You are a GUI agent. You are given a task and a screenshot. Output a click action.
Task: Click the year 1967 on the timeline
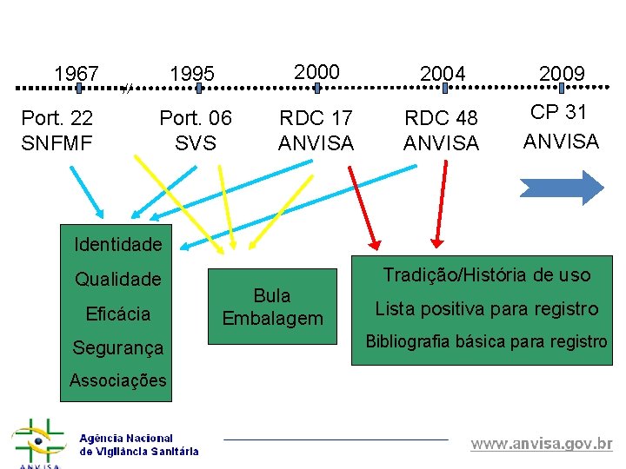(77, 74)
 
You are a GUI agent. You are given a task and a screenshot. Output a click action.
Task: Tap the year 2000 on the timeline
(316, 72)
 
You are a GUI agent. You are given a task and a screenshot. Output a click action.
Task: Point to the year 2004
(443, 74)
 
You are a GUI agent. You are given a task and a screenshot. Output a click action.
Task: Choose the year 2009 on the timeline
(562, 74)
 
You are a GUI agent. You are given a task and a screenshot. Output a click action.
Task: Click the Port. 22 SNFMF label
(57, 129)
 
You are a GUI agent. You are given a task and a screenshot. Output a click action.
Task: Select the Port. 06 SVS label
(196, 129)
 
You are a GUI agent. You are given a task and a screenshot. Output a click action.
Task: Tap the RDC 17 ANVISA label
(316, 129)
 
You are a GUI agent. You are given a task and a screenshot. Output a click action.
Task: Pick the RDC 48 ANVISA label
(442, 129)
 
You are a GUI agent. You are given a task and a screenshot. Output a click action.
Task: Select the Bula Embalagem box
(272, 307)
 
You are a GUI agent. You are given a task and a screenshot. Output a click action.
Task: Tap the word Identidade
(118, 244)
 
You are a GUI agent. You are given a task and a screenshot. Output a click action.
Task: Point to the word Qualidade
(118, 279)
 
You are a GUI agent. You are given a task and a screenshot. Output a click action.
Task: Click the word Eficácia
(118, 314)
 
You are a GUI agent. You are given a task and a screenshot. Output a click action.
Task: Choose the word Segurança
(118, 347)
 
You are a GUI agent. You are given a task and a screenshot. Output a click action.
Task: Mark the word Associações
(118, 380)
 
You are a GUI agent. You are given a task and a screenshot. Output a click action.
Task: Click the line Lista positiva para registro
(487, 308)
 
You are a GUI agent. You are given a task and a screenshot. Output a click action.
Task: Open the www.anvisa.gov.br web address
(542, 444)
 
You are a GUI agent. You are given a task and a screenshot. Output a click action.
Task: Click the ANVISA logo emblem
(37, 443)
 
